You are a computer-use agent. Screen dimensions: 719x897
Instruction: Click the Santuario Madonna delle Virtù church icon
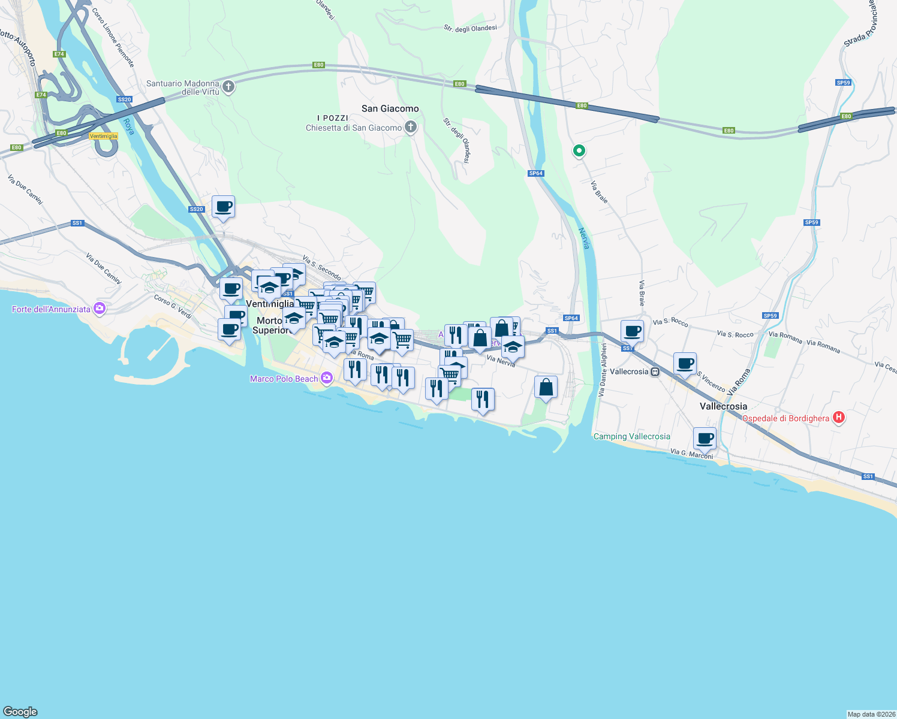228,87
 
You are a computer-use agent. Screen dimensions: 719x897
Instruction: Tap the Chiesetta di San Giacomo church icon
411,127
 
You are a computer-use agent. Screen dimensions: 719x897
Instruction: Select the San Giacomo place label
390,108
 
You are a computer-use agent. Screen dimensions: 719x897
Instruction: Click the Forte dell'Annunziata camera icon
100,309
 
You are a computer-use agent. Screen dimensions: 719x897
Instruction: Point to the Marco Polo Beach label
284,379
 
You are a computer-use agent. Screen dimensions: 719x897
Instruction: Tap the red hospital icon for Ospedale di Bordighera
839,418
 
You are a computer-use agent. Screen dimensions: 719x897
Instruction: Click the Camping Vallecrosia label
631,436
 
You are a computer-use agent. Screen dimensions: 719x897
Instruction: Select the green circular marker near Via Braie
579,151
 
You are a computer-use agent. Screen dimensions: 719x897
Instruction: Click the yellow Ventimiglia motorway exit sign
103,136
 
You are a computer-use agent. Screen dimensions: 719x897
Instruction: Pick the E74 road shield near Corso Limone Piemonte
59,54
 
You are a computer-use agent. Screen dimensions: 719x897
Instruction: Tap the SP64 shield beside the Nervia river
535,173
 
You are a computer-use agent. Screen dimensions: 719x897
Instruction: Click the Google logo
20,711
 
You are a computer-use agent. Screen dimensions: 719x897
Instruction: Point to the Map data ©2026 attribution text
871,714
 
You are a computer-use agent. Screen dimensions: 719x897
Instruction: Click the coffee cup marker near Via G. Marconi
705,438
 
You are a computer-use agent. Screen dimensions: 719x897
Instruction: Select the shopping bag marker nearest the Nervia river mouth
546,388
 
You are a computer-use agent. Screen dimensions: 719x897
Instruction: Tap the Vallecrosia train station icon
655,371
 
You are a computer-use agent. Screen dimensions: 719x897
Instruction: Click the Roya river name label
128,126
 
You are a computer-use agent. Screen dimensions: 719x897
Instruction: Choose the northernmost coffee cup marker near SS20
223,207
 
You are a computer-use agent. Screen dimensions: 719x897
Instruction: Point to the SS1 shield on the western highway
77,223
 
